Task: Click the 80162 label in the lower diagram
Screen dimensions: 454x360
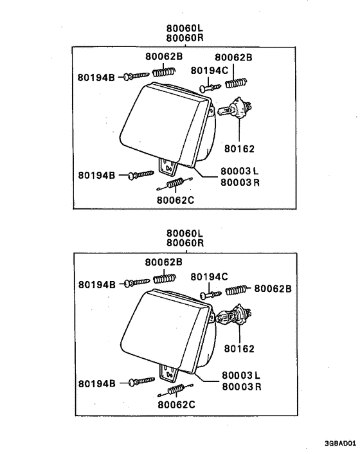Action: click(240, 349)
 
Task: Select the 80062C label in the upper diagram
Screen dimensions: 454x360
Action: click(175, 199)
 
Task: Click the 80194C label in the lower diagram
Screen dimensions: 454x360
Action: click(210, 277)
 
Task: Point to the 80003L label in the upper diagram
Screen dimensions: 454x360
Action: click(239, 172)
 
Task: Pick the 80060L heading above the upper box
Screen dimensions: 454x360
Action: click(184, 28)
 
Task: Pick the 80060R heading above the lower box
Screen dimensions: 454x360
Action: click(184, 243)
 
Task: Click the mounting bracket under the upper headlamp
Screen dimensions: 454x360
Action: click(168, 167)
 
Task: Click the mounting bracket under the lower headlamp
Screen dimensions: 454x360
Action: click(169, 372)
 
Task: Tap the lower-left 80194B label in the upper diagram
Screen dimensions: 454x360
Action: click(96, 175)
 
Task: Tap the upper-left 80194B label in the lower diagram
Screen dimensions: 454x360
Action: click(96, 284)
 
